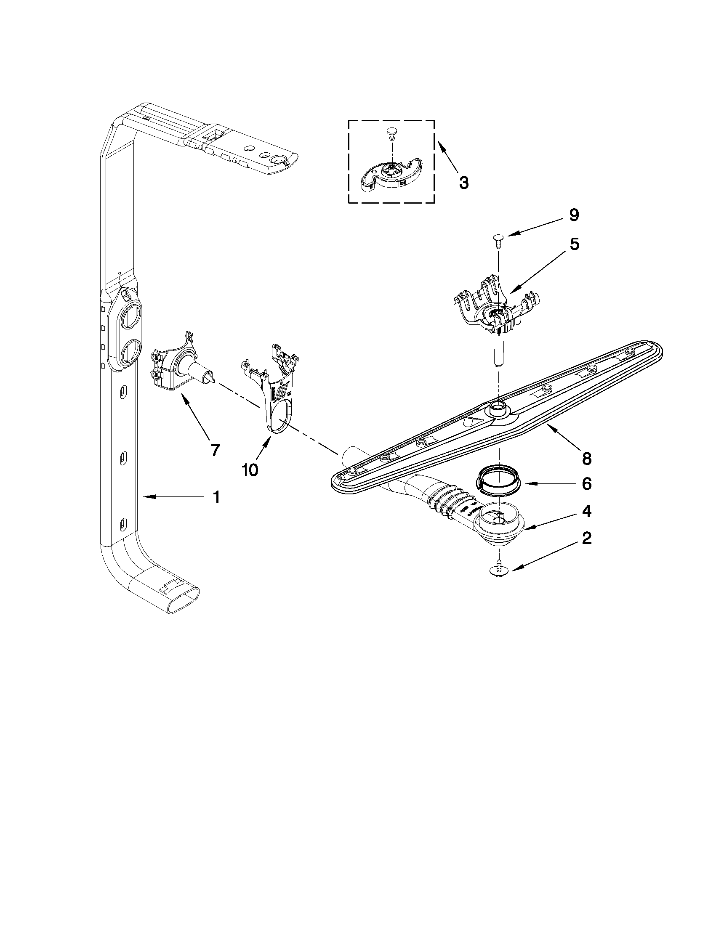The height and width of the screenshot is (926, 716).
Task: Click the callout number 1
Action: click(216, 497)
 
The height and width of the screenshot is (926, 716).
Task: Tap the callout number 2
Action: click(586, 539)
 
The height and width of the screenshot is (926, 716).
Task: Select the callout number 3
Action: click(464, 183)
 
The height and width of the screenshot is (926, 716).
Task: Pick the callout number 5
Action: click(574, 244)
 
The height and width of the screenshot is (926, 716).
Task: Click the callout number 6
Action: click(586, 484)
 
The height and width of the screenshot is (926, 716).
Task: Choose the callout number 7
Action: click(215, 450)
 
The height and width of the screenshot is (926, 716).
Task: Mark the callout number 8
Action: click(586, 458)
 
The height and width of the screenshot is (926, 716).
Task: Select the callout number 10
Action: click(250, 470)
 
